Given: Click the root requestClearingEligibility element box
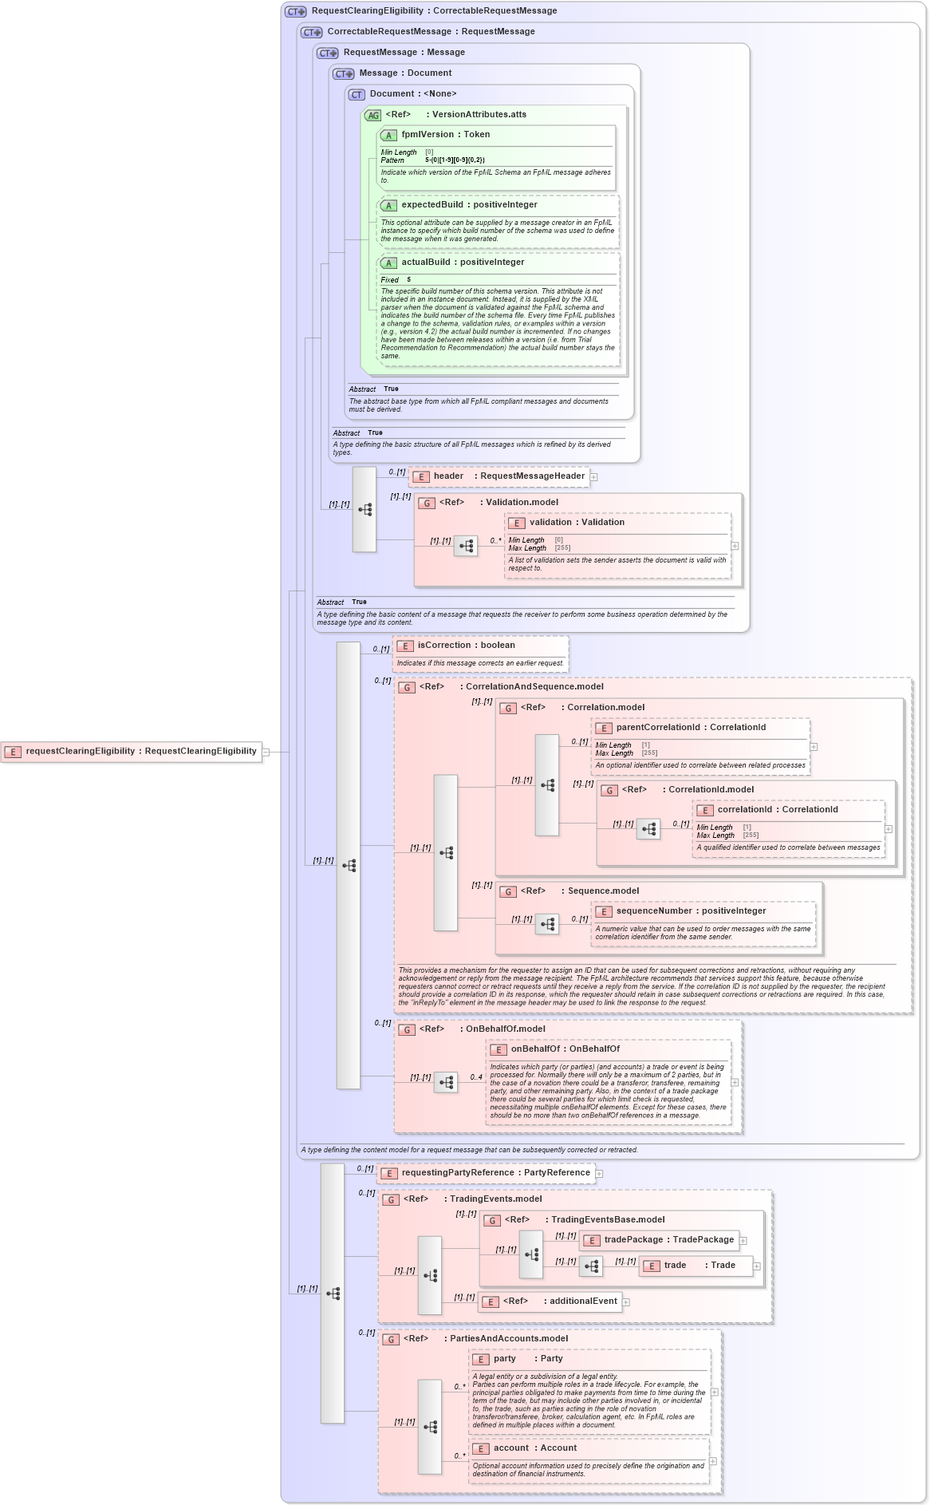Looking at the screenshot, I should point(132,752).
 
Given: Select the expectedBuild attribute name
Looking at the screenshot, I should point(432,205).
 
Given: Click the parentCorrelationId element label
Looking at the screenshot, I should point(658,728).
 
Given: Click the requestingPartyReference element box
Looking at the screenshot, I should point(487,1173).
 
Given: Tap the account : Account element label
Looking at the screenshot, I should point(534,1448).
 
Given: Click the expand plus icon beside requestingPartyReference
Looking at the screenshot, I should point(599,1174).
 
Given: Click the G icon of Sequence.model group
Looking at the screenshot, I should point(508,892).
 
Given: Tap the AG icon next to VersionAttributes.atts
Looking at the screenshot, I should point(373,116).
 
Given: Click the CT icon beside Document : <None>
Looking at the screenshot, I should point(357,95).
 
